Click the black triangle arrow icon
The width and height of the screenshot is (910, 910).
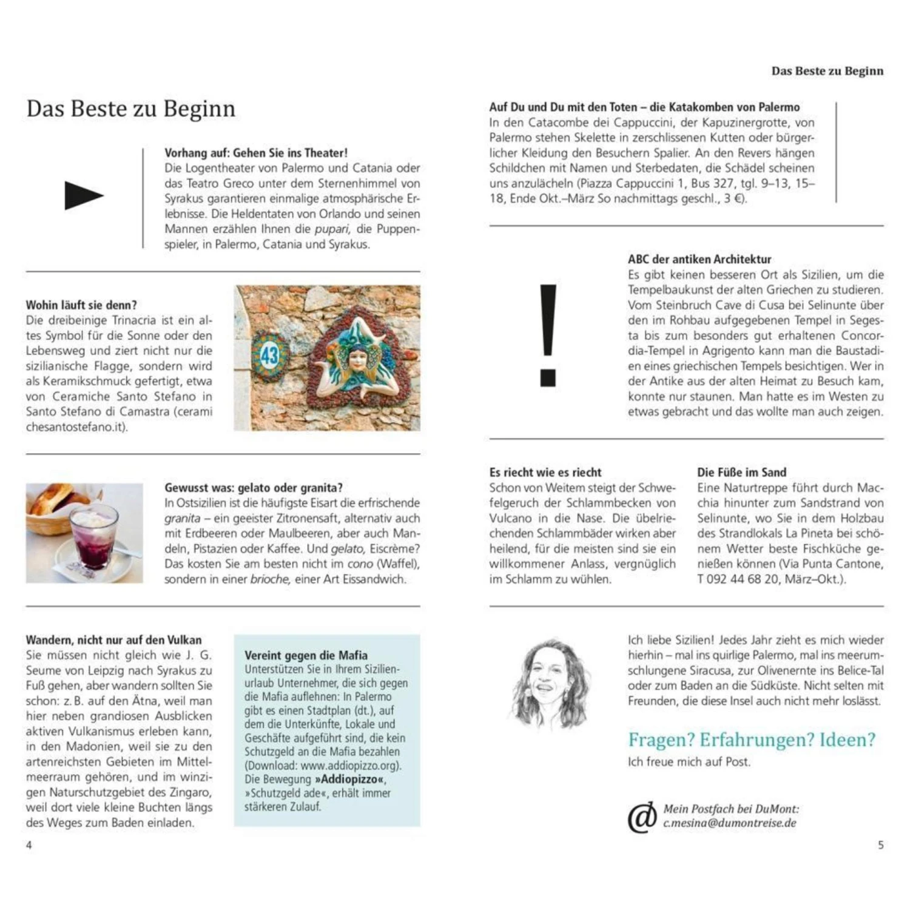tap(83, 195)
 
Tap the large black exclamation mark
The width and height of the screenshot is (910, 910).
tap(548, 335)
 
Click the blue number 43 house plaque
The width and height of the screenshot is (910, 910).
tap(269, 355)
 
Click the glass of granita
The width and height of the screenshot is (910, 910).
tap(93, 534)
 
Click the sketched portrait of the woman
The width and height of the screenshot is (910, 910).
tap(549, 682)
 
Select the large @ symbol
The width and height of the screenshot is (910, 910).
tap(642, 817)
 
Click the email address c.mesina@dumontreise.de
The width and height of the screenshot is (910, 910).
tap(729, 823)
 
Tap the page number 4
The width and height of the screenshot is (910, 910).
tap(29, 845)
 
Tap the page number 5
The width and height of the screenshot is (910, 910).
tap(880, 845)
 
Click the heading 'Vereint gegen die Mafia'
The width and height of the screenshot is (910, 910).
tap(306, 655)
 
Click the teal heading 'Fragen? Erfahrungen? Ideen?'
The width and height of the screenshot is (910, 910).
tap(752, 740)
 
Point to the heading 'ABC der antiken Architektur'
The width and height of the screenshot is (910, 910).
tap(699, 259)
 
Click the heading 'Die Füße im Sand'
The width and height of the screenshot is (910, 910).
tap(741, 472)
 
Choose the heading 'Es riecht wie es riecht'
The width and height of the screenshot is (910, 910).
tap(545, 472)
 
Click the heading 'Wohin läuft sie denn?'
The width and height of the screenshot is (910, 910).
tap(81, 305)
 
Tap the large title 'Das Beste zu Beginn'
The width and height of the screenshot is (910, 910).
tap(131, 109)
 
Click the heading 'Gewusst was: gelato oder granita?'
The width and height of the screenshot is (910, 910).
tap(254, 487)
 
